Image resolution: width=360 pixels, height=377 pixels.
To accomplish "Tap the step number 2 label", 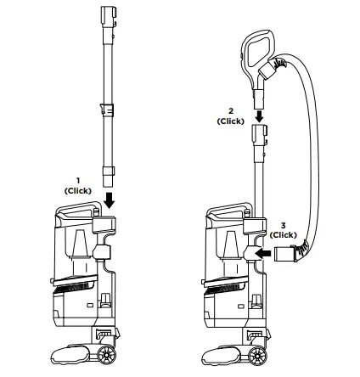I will tap(230, 111).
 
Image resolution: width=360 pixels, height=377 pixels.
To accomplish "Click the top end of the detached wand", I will tap(108, 16).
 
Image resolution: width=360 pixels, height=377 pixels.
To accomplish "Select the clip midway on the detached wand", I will tap(107, 111).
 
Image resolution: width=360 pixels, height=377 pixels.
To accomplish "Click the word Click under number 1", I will tap(77, 190).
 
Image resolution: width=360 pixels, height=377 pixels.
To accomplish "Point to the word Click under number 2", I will tap(230, 121).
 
